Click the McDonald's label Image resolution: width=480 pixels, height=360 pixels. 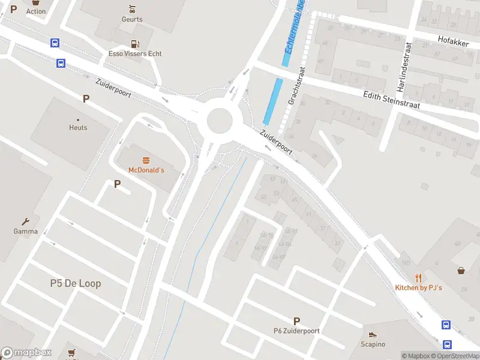click(146, 170)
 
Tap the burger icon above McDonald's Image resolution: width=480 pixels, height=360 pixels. click(146, 160)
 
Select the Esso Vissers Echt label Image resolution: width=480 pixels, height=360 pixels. click(135, 53)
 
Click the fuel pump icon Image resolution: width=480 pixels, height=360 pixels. click(135, 43)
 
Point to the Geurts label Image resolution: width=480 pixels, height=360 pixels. click(132, 19)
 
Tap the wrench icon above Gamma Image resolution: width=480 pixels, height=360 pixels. click(26, 221)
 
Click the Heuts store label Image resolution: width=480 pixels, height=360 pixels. click(78, 128)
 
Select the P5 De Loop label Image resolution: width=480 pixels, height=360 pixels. click(76, 283)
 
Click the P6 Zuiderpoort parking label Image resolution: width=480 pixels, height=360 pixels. click(296, 331)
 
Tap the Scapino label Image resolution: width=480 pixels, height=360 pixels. click(373, 344)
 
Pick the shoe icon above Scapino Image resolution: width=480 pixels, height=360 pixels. click(373, 335)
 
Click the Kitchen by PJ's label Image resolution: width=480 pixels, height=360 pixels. click(418, 288)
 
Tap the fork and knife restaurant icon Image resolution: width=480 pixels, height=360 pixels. click(418, 278)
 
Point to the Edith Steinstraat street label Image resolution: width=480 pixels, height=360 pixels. click(391, 100)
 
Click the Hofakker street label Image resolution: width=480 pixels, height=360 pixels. click(452, 43)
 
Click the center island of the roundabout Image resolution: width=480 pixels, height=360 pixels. click(220, 121)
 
